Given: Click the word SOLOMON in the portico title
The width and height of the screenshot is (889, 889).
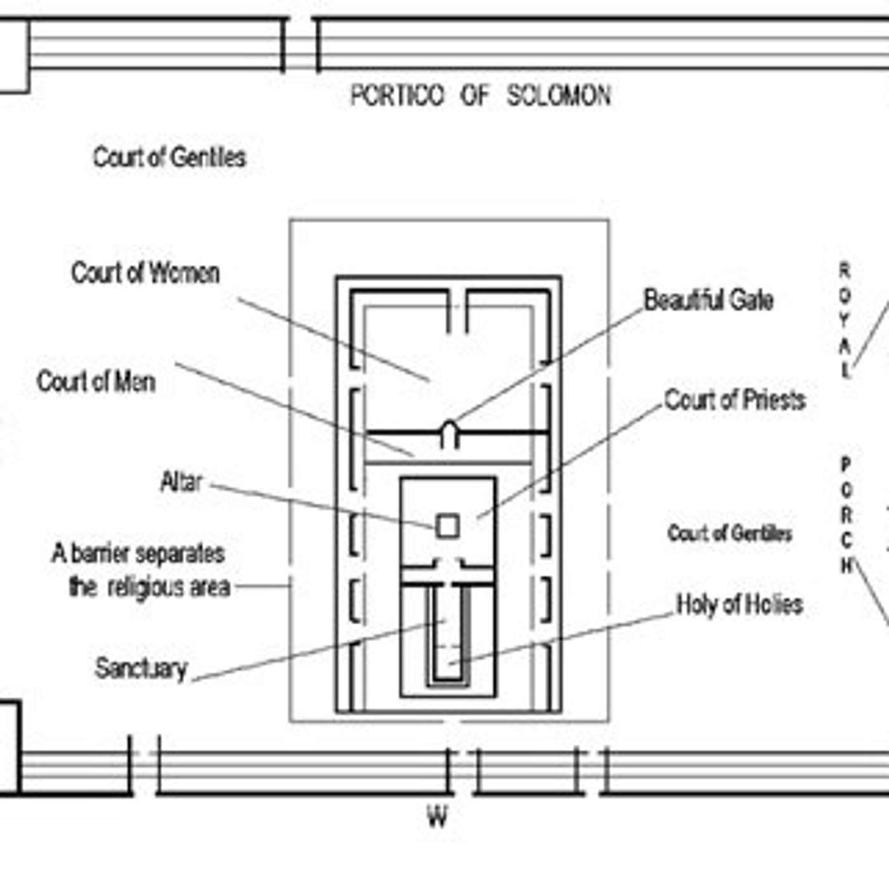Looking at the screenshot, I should pyautogui.click(x=558, y=96).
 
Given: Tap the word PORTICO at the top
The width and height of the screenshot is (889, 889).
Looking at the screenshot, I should pyautogui.click(x=398, y=96).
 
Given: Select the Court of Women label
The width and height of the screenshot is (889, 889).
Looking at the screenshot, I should pyautogui.click(x=145, y=273).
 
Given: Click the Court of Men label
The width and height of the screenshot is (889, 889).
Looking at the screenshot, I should pyautogui.click(x=96, y=382).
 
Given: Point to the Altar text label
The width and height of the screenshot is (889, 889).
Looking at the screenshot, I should pyautogui.click(x=182, y=482).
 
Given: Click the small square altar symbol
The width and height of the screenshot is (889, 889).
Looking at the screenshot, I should pyautogui.click(x=448, y=526).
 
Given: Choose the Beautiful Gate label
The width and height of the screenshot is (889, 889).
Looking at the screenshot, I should pyautogui.click(x=708, y=300).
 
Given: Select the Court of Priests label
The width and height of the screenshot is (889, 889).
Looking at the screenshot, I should pyautogui.click(x=735, y=400).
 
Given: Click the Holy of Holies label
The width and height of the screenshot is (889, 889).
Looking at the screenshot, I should pyautogui.click(x=739, y=605).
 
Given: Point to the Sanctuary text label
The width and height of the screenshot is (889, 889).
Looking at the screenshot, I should pyautogui.click(x=141, y=669).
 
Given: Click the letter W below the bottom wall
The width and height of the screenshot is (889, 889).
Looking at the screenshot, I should pyautogui.click(x=437, y=817).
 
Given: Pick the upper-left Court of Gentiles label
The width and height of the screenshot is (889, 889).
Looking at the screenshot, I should pyautogui.click(x=170, y=157).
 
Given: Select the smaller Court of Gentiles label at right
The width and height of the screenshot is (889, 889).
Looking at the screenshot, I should pyautogui.click(x=730, y=533).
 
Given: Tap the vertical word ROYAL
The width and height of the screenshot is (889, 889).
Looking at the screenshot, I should pyautogui.click(x=845, y=321).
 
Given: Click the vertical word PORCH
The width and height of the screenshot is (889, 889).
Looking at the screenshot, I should pyautogui.click(x=846, y=514).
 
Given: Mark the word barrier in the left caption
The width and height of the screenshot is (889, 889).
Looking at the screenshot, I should pyautogui.click(x=101, y=554).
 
